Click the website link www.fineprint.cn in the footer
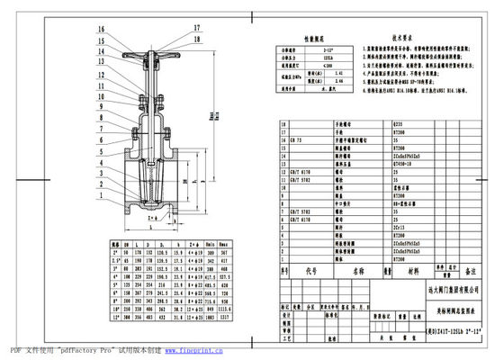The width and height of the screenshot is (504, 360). pyautogui.click(x=184, y=348)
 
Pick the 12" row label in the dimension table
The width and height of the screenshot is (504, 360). pyautogui.click(x=114, y=317)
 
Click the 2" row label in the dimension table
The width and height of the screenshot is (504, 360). pyautogui.click(x=114, y=252)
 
